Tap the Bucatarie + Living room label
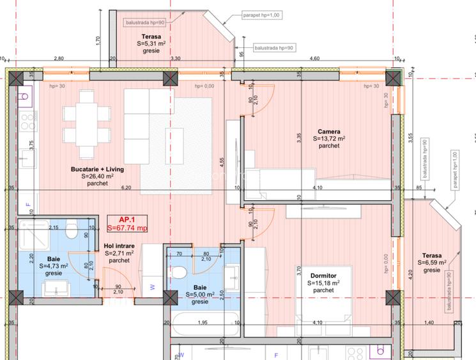point(97,169)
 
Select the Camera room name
point(329,131)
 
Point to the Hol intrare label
point(119,246)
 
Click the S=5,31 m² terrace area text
point(151,43)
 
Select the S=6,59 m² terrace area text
point(431,263)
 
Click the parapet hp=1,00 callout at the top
point(261,14)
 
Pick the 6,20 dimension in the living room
point(126,188)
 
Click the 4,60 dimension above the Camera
point(314,59)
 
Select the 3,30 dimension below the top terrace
point(175,59)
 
